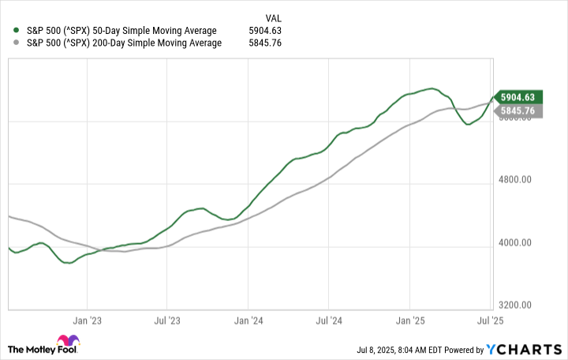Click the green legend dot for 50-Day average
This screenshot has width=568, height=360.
[x=17, y=31]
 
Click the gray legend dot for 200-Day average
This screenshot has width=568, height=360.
[x=17, y=43]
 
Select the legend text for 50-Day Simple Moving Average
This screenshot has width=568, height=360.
[x=121, y=31]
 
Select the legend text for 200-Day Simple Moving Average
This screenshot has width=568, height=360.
[x=124, y=43]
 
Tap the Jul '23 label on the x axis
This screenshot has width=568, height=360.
[x=166, y=321]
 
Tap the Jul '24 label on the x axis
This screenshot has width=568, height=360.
[x=328, y=321]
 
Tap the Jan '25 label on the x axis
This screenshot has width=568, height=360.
[x=409, y=321]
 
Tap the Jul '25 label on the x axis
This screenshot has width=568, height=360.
[x=491, y=321]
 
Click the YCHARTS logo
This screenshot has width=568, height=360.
[x=529, y=347]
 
